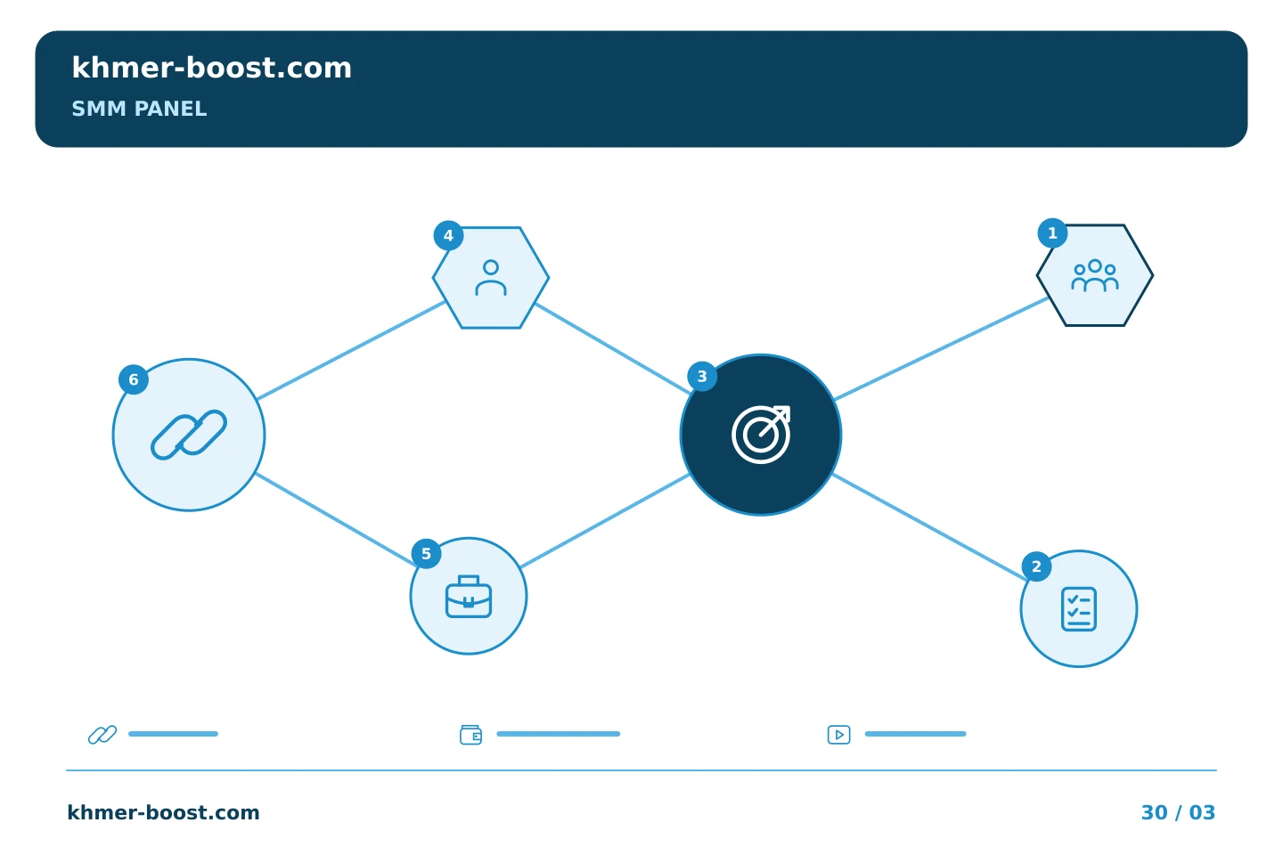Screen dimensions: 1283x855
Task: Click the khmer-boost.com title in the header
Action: tap(211, 68)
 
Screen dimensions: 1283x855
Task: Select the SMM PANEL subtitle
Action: tap(139, 109)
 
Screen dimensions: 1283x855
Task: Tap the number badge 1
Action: tap(1052, 233)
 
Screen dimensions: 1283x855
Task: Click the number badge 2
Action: tap(1036, 566)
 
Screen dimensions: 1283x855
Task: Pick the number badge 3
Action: tap(702, 376)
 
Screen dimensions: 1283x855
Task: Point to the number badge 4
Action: tap(448, 235)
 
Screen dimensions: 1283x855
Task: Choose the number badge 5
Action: tap(426, 554)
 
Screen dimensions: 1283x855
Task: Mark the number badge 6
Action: tap(134, 379)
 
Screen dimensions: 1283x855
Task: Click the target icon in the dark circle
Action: tap(761, 434)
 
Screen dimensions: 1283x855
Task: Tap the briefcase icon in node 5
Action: tap(468, 597)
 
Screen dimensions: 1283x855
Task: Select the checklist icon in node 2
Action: tap(1078, 609)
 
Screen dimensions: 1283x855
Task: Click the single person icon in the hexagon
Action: tap(491, 278)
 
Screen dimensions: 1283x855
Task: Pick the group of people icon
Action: tap(1094, 275)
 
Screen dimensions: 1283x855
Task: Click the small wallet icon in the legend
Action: tap(470, 735)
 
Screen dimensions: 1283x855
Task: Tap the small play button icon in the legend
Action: tap(838, 735)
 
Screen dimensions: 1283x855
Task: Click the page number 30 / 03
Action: tap(1178, 812)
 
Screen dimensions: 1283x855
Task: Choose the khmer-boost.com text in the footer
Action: tap(163, 812)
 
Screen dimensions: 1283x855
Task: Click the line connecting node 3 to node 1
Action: tap(941, 348)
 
